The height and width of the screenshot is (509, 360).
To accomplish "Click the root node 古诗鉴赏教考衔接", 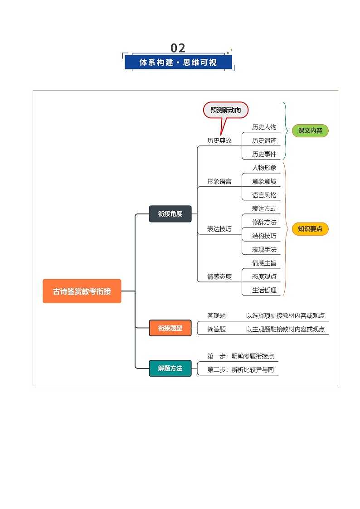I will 82,291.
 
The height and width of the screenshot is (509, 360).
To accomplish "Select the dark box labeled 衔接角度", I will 170,214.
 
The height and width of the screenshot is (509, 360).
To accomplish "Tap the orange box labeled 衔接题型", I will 170,328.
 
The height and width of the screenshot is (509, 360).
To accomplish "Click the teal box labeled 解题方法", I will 170,368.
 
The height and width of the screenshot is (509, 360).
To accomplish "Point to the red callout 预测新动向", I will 226,110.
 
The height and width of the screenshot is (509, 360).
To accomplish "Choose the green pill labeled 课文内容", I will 310,131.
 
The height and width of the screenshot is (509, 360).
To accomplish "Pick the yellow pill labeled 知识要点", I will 310,229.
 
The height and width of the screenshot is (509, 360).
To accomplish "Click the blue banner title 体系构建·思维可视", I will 178,63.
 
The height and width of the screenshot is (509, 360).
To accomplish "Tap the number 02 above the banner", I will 178,48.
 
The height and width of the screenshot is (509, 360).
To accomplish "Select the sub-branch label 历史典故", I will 219,141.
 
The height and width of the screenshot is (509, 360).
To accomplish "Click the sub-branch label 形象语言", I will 219,181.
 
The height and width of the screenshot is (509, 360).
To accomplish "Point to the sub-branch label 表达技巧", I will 219,229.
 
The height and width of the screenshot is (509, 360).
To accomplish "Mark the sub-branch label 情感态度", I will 219,276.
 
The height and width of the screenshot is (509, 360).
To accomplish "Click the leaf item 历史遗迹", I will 264,141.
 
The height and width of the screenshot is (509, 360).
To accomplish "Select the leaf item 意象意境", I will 264,181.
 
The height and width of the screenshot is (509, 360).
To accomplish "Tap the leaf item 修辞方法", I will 264,222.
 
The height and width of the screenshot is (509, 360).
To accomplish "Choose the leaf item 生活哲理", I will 264,290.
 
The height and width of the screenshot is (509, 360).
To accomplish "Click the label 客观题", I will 216,315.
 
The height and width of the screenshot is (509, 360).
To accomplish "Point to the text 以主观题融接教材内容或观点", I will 285,329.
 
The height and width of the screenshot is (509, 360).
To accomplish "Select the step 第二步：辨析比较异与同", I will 240,370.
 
